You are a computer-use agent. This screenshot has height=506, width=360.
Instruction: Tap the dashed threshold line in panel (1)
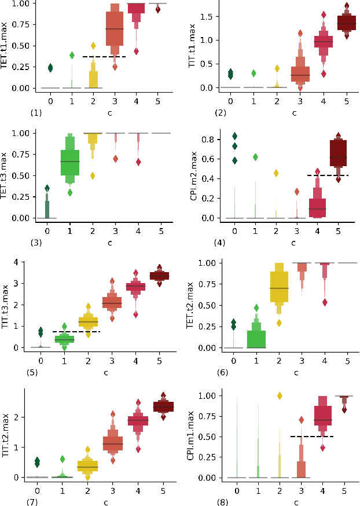point(104,57)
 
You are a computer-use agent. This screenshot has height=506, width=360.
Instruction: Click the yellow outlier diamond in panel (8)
point(279,396)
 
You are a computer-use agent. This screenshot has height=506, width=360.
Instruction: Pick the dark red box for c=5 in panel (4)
point(339,153)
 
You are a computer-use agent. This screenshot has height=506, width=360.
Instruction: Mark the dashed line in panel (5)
point(76,332)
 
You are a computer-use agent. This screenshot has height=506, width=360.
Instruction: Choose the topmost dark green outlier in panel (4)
point(235,136)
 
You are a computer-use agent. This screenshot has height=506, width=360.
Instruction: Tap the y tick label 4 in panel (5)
point(21,262)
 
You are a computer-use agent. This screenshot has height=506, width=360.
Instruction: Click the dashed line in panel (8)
point(313,437)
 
